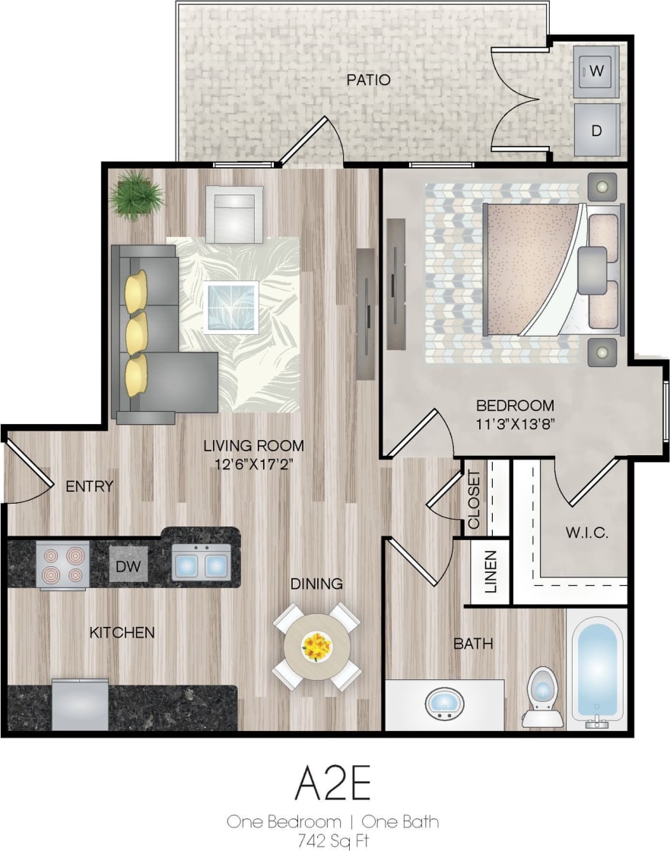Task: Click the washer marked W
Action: [596, 71]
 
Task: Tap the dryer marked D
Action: [596, 130]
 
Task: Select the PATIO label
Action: [368, 80]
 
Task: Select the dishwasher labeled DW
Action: [128, 565]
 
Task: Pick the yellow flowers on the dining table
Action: [316, 647]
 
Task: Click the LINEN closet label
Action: [491, 571]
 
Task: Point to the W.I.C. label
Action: [586, 533]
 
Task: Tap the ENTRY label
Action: [89, 486]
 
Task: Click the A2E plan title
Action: [333, 785]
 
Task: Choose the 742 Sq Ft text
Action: [332, 841]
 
